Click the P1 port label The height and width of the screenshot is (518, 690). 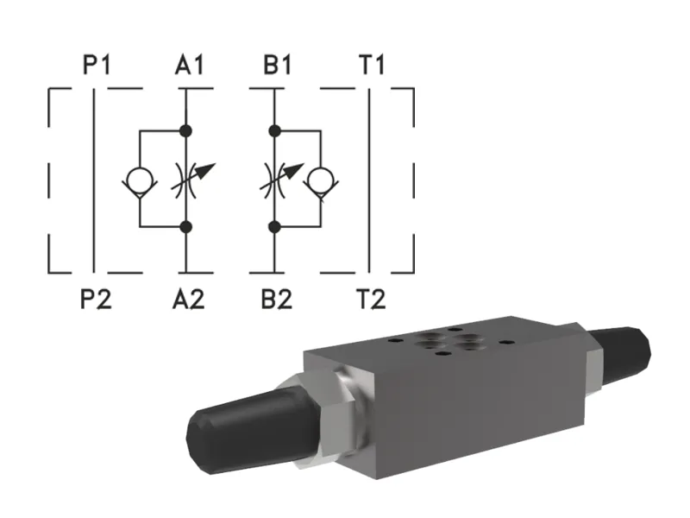96,66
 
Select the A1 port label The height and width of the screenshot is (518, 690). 189,66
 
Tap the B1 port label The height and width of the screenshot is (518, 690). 277,66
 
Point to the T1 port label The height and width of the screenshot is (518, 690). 371,66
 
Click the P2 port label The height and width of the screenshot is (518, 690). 96,300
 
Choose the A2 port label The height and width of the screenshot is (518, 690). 189,300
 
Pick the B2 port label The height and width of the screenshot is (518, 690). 277,300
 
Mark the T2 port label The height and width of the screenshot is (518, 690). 371,300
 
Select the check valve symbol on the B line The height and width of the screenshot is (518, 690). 322,180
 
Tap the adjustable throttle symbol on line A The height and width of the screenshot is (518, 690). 187,179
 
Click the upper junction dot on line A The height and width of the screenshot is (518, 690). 185,131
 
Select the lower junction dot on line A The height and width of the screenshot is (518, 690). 185,227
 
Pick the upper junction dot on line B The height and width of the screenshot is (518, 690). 274,131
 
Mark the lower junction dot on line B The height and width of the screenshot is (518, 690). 274,227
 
